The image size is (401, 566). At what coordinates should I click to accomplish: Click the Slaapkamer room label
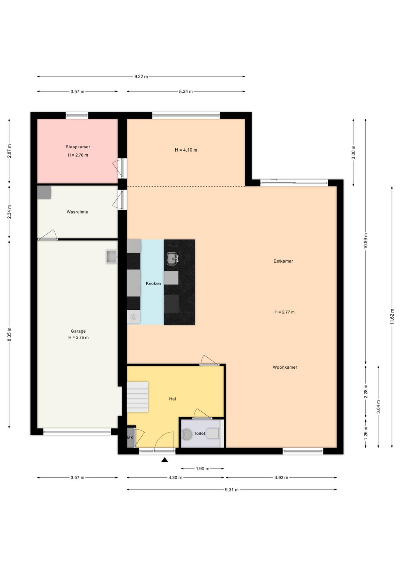click(78, 147)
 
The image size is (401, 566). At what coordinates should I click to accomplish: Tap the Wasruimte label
click(78, 212)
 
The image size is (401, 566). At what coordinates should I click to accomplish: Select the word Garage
click(78, 331)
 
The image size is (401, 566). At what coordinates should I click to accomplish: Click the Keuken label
click(153, 283)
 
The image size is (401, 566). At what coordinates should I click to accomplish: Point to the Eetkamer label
click(283, 261)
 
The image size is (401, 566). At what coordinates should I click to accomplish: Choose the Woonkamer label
click(285, 367)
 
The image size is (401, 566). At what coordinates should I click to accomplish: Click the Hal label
click(172, 399)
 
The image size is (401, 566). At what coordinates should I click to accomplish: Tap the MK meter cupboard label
click(130, 437)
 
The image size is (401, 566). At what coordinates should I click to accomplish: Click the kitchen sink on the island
click(173, 259)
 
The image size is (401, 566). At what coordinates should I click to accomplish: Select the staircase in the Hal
click(137, 397)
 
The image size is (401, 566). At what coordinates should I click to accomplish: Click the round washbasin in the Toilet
click(187, 434)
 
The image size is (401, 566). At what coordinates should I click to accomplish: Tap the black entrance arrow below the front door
click(165, 460)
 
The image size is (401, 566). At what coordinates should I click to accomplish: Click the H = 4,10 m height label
click(186, 150)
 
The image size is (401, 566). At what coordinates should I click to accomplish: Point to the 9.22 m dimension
click(141, 76)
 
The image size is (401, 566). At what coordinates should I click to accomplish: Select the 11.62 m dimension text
click(392, 317)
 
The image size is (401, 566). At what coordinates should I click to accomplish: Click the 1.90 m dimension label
click(202, 469)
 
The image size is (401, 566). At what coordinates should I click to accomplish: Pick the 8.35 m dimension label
click(9, 334)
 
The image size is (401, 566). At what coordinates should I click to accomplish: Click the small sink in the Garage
click(112, 257)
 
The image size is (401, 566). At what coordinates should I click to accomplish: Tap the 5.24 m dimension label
click(186, 92)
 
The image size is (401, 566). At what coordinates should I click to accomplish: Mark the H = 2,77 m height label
click(284, 312)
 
